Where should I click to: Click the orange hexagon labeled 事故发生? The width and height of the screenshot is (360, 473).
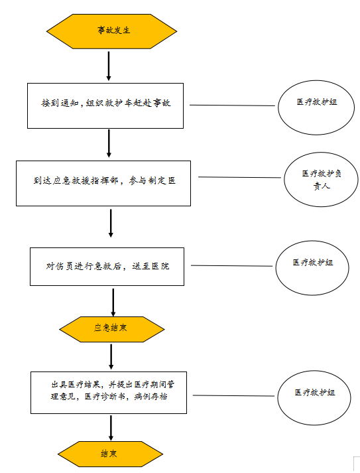pyautogui.click(x=111, y=31)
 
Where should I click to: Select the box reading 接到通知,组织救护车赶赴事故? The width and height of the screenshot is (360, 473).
pyautogui.click(x=105, y=106)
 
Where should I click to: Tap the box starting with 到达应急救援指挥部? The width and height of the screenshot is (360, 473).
pyautogui.click(x=103, y=183)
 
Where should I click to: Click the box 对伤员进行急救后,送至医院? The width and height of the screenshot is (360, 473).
pyautogui.click(x=107, y=267)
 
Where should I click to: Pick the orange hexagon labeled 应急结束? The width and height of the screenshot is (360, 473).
pyautogui.click(x=112, y=329)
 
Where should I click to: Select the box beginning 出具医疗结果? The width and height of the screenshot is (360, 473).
pyautogui.click(x=109, y=393)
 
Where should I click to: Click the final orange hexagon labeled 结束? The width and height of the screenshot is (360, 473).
pyautogui.click(x=110, y=454)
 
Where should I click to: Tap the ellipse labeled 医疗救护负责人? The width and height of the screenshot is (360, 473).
pyautogui.click(x=321, y=180)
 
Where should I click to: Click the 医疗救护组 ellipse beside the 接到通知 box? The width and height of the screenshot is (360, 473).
pyautogui.click(x=316, y=107)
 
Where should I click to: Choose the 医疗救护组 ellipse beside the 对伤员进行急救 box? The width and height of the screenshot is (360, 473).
pyautogui.click(x=312, y=268)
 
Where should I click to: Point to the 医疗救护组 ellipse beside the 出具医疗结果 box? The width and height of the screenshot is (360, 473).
pyautogui.click(x=314, y=398)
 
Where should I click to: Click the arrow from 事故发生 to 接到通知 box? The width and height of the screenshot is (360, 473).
pyautogui.click(x=109, y=66)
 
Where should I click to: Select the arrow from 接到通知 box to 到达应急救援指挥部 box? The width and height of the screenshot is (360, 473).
pyautogui.click(x=109, y=143)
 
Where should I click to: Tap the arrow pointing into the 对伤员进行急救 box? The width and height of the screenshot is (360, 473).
pyautogui.click(x=111, y=223)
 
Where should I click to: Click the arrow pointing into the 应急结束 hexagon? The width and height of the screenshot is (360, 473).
pyautogui.click(x=113, y=303)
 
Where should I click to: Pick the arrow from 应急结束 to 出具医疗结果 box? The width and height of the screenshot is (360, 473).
pyautogui.click(x=111, y=357)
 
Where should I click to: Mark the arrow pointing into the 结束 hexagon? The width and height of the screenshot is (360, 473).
pyautogui.click(x=111, y=428)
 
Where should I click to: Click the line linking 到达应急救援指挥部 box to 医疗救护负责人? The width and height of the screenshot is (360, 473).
pyautogui.click(x=240, y=177)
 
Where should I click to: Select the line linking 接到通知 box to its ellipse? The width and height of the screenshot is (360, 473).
pyautogui.click(x=232, y=105)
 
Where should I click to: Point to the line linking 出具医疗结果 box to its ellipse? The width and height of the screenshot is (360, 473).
pyautogui.click(x=233, y=395)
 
